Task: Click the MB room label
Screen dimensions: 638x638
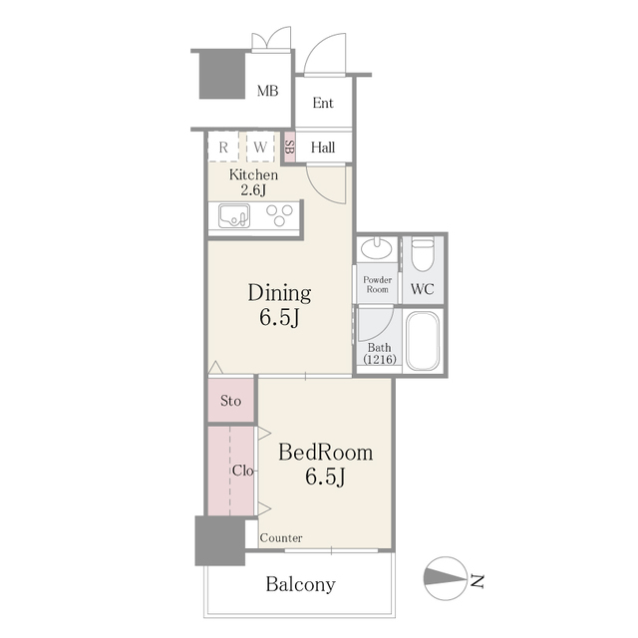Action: point(267,91)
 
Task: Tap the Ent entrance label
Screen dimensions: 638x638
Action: point(323,103)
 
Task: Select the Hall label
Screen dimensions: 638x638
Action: point(323,148)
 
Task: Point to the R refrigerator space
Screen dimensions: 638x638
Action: point(223,147)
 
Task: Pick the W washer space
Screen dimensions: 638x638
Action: point(260,147)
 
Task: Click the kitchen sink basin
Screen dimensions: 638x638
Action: point(234,215)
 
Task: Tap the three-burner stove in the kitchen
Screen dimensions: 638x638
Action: point(279,215)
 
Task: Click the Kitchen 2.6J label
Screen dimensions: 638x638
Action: point(253,182)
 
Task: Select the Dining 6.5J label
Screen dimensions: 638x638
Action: point(279,305)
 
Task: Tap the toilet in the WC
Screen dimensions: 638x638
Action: point(423,254)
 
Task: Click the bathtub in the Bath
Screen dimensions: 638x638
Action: point(423,341)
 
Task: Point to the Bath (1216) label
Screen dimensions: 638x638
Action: point(380,353)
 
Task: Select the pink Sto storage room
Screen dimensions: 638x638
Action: point(230,400)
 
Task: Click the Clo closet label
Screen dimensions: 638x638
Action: point(243,471)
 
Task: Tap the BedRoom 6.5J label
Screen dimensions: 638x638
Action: point(326,465)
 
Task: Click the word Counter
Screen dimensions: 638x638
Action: point(281,538)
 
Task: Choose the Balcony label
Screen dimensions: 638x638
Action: point(301,585)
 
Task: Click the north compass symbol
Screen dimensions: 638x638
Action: point(446,578)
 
